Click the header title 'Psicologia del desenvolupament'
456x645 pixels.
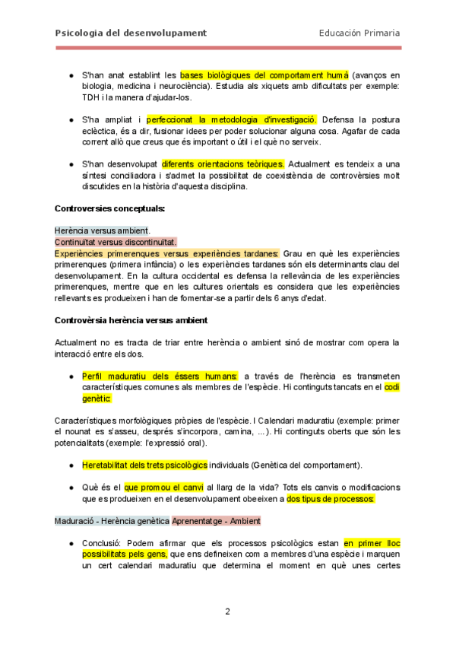(131, 33)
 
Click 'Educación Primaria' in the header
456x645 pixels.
(359, 33)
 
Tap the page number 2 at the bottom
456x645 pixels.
(227, 611)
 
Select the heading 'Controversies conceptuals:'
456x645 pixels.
(110, 208)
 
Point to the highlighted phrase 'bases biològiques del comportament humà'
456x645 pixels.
(264, 75)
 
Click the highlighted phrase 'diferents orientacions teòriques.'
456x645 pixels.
(223, 164)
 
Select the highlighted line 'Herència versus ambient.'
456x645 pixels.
(103, 230)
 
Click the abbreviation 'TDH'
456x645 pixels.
(91, 97)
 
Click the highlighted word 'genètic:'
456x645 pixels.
(97, 398)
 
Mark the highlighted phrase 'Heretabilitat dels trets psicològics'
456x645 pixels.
(144, 465)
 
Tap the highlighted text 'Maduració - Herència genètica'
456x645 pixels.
(112, 521)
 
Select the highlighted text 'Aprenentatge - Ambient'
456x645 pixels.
(216, 521)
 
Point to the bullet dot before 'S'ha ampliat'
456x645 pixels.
(71, 120)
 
